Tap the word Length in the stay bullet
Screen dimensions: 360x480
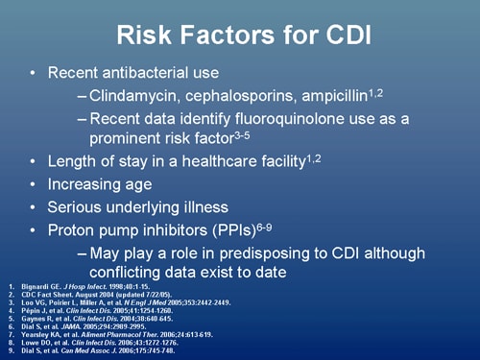(73, 161)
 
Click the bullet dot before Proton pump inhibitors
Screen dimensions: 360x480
(36, 230)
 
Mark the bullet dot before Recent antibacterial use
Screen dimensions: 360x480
(36, 73)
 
